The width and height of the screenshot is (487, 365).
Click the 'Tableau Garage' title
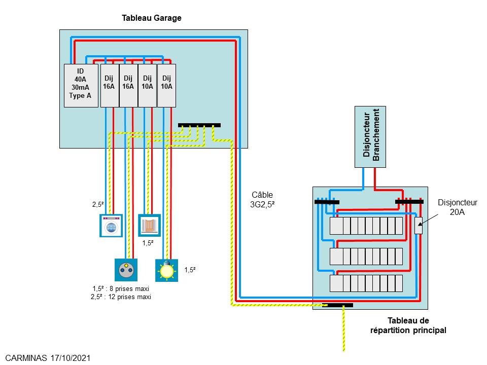tap(152, 18)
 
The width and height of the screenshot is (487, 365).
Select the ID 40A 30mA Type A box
tap(81, 85)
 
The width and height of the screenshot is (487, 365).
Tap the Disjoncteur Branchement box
tap(370, 136)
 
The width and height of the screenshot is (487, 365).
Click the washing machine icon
tap(111, 226)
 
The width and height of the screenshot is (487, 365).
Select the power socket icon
tap(125, 270)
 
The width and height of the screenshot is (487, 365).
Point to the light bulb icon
tap(166, 270)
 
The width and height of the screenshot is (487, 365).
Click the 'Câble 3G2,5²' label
tap(262, 199)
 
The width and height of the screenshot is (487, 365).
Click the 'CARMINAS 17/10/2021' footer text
tap(48, 358)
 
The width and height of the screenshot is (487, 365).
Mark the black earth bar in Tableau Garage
tap(199, 125)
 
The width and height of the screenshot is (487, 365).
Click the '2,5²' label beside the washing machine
tap(98, 205)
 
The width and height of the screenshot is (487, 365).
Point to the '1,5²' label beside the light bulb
tap(190, 270)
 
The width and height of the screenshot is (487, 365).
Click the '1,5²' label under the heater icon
tap(148, 243)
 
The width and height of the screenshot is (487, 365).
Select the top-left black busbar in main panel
tap(327, 202)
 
